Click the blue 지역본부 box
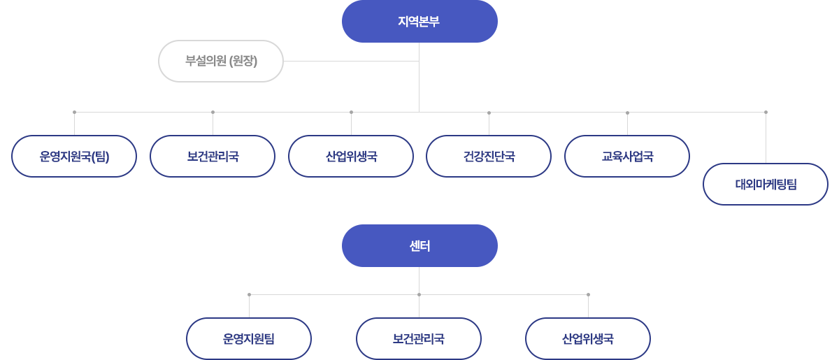pos(419,22)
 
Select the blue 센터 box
pos(419,245)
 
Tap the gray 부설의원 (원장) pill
pos(221,61)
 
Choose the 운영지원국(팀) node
pos(74,156)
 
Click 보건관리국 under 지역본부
pos(213,156)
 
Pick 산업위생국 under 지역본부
pos(351,156)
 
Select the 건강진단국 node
pos(489,156)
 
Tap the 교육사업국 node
pos(627,156)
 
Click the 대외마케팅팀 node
pos(766,185)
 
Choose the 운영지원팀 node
pos(249,339)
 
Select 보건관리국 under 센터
pos(419,339)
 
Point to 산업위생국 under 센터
pos(588,339)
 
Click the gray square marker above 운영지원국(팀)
pos(74,112)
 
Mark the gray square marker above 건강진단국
pos(489,112)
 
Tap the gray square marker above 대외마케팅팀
pos(766,112)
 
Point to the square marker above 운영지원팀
pos(249,294)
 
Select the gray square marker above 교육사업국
pos(627,112)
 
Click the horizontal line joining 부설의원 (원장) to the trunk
pos(350,61)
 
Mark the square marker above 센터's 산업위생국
pos(588,294)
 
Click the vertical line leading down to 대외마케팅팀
pos(766,140)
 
